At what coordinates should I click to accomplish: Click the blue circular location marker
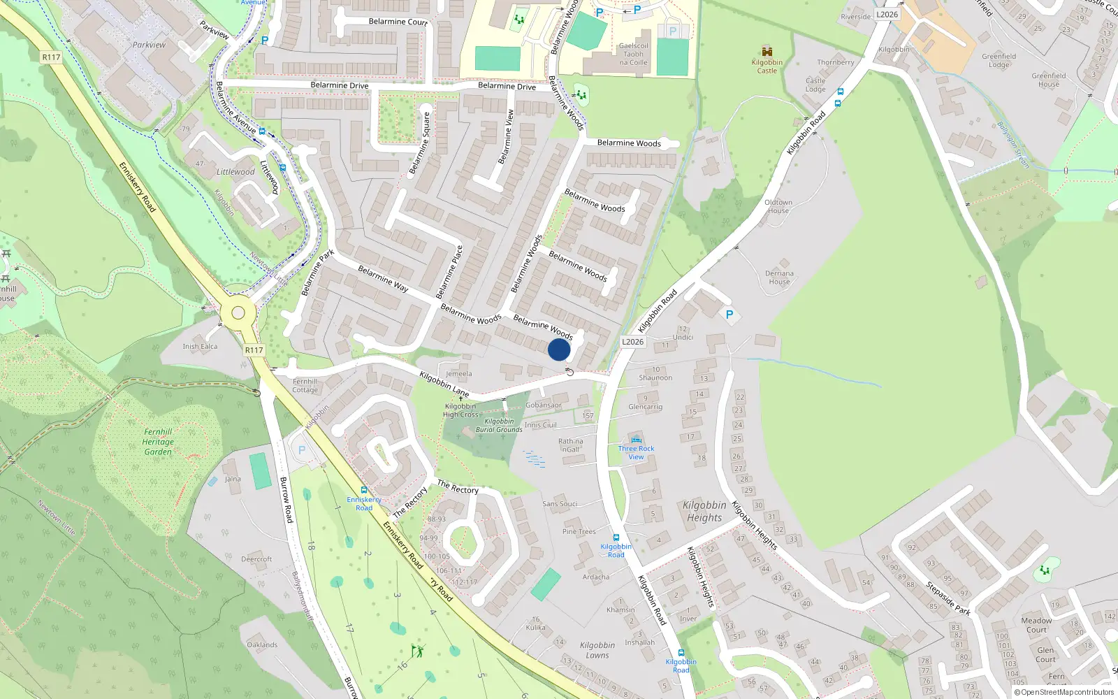559,349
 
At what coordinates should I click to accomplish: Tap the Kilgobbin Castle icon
767,52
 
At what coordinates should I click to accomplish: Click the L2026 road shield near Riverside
887,14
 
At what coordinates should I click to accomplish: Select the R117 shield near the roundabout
254,350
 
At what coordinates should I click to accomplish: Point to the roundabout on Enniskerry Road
238,312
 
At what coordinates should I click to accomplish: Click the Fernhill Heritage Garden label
158,442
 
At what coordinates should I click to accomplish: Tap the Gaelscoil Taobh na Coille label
633,54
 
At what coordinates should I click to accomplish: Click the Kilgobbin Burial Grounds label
499,425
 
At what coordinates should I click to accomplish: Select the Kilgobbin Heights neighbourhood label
704,511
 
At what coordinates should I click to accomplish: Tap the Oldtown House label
778,206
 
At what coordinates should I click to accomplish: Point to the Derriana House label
779,278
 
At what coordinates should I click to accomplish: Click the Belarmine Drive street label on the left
339,85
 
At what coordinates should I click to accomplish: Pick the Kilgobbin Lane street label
444,384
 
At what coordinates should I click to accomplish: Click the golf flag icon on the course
417,651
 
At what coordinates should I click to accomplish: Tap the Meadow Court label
1036,625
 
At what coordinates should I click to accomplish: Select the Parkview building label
149,45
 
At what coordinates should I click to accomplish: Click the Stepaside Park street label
948,598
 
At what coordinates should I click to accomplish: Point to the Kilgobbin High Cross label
460,410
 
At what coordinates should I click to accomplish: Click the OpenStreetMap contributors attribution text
1063,692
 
